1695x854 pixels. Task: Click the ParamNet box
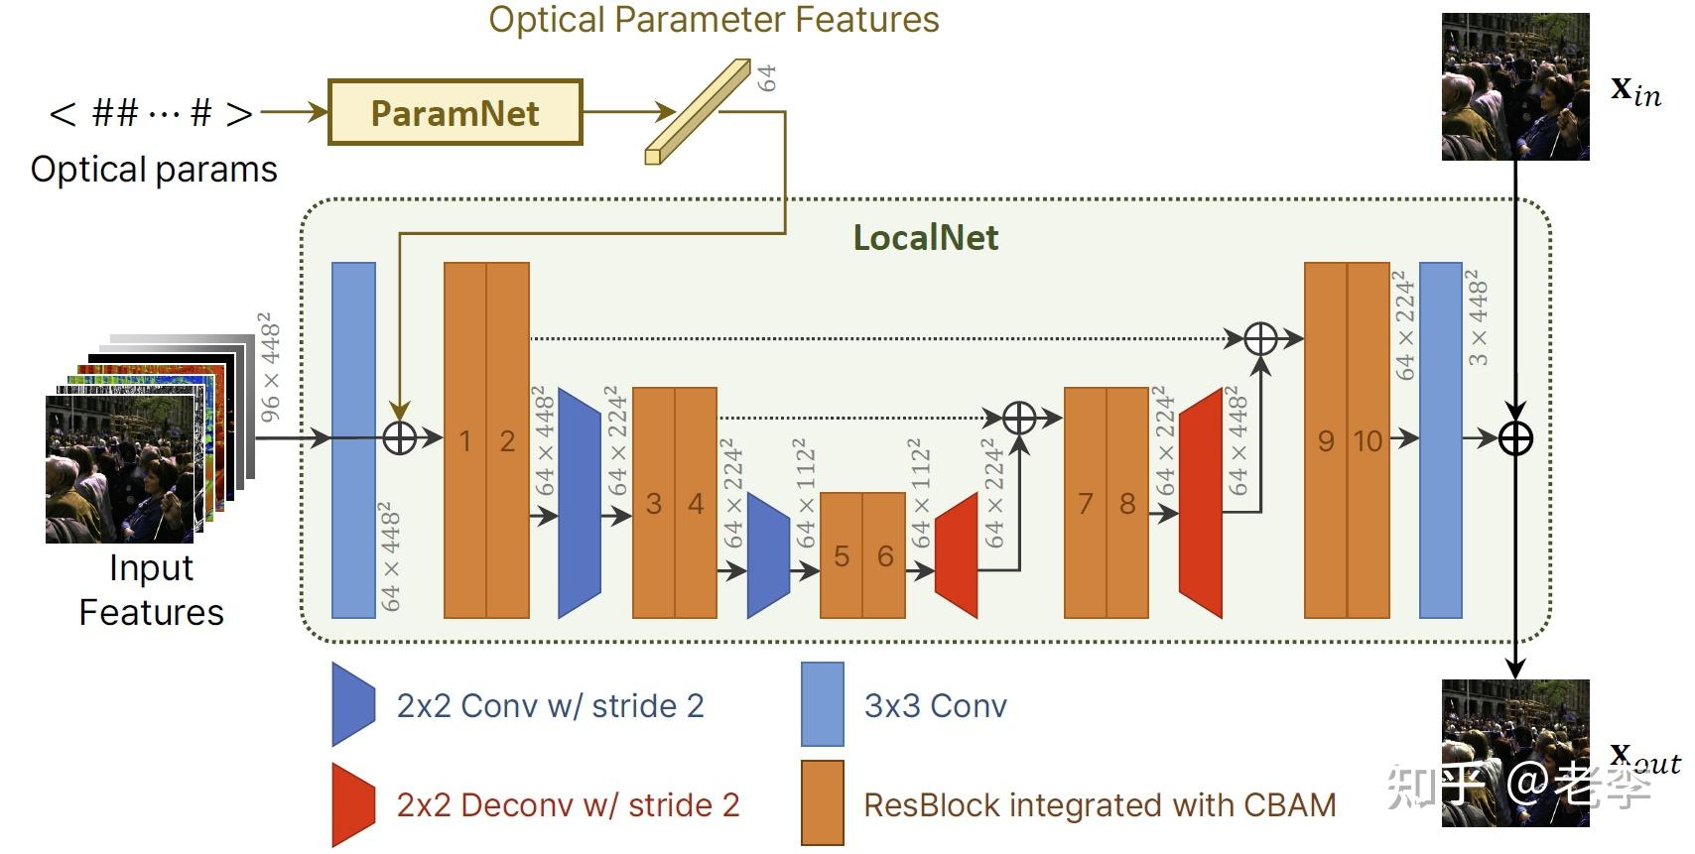point(455,113)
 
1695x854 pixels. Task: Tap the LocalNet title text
point(925,238)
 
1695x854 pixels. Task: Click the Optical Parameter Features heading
point(714,20)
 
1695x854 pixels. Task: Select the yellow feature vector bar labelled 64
point(697,111)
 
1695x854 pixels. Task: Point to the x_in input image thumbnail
point(1514,87)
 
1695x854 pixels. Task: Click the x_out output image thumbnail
point(1514,753)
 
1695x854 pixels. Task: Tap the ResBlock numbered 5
point(842,555)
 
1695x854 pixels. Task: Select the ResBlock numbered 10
point(1369,440)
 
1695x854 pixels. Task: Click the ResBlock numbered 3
point(653,503)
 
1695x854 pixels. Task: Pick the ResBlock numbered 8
point(1127,503)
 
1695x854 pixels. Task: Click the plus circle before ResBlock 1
point(399,437)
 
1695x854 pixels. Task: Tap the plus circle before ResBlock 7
point(1019,418)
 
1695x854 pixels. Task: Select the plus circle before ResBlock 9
point(1260,338)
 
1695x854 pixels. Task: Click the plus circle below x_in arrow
point(1514,437)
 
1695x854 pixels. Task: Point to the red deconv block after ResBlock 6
point(957,555)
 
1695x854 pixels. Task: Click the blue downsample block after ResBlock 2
point(580,503)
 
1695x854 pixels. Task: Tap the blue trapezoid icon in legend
point(353,704)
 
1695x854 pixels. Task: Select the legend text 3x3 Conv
point(935,705)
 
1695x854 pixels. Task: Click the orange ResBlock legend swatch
point(822,802)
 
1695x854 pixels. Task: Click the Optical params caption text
point(154,170)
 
